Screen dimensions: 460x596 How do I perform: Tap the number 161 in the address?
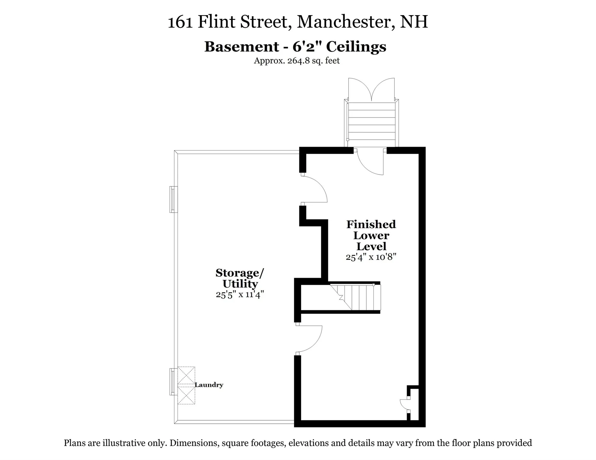(x=180, y=22)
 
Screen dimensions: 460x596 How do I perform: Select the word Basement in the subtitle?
(x=242, y=47)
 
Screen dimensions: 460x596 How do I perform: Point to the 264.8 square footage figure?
(x=299, y=61)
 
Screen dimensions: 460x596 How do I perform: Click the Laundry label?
(x=209, y=385)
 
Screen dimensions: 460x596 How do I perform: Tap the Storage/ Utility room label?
(x=240, y=278)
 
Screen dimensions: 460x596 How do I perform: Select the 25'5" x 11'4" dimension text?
(x=240, y=294)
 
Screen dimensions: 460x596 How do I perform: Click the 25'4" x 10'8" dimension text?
(x=371, y=257)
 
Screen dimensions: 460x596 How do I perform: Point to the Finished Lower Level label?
(x=371, y=235)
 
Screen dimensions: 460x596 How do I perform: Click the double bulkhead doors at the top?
(x=371, y=89)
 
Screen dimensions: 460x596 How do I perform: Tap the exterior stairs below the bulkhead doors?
(x=371, y=124)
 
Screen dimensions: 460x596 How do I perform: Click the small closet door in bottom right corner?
(x=404, y=404)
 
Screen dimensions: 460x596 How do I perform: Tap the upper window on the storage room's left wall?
(x=173, y=199)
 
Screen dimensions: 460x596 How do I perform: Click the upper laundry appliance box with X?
(x=186, y=376)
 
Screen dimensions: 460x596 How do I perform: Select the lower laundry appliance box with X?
(x=186, y=395)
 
